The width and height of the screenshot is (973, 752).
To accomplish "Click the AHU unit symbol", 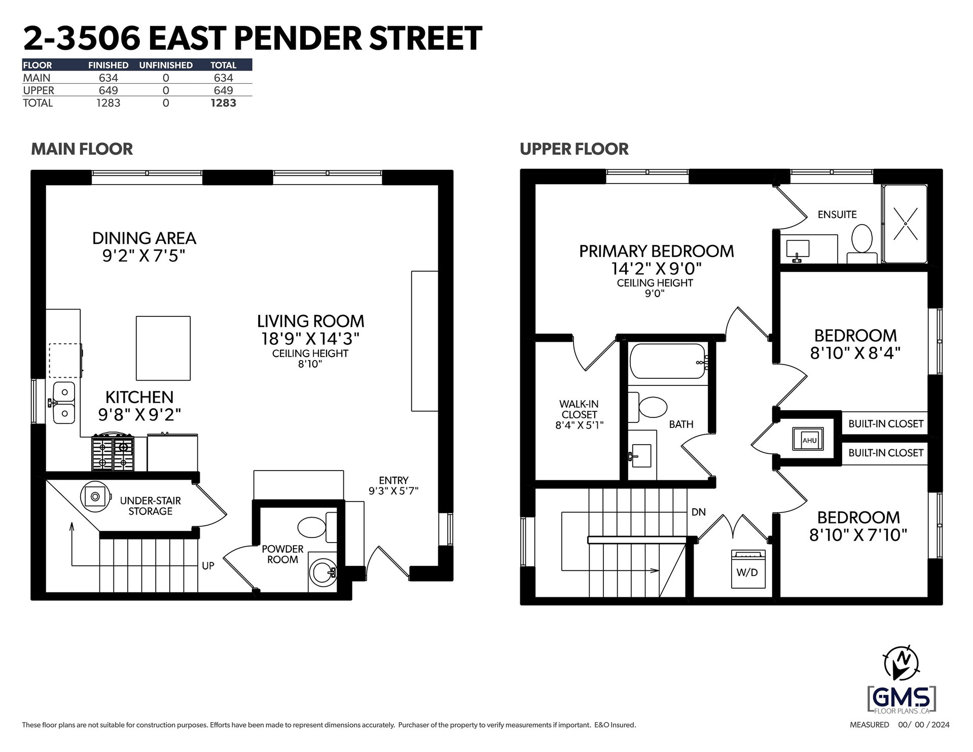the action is coord(808,439).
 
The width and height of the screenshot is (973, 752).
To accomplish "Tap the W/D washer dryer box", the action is coord(747,568).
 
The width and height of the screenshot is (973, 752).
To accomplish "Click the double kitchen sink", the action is coord(64,403).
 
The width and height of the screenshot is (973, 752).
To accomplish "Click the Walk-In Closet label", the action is coord(579,414).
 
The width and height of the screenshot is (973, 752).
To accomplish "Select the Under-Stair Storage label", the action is coord(150,506).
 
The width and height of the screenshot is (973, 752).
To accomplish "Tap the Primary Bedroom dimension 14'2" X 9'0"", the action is coord(656,268).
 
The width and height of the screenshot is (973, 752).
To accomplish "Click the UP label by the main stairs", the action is coord(208,565).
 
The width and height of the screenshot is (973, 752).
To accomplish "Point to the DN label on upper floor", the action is coord(699,512).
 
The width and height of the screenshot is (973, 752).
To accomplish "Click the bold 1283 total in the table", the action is coord(223,103).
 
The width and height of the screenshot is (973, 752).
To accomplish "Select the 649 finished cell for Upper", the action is coord(108,90).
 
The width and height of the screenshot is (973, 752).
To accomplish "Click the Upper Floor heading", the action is coord(574,149).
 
